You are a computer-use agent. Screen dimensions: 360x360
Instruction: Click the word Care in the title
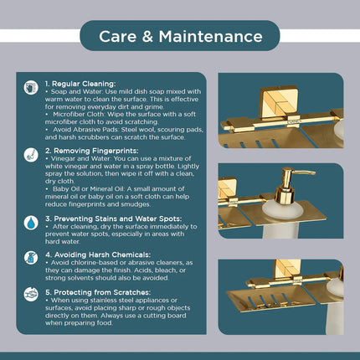point(117,37)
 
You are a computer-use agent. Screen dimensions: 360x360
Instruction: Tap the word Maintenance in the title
point(211,37)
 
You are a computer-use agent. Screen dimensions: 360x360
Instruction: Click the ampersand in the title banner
point(147,37)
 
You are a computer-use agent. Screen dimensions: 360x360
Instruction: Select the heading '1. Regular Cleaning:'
point(80,84)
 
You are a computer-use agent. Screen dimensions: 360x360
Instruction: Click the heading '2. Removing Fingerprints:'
point(91,151)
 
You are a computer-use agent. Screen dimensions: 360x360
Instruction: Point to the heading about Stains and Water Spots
point(113,219)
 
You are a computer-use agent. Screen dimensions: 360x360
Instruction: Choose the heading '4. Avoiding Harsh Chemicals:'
point(98,255)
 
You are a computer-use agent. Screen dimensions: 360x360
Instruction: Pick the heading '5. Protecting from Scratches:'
point(98,292)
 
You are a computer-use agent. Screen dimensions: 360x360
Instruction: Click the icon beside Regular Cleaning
point(31,88)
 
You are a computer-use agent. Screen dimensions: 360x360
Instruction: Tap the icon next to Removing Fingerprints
point(31,155)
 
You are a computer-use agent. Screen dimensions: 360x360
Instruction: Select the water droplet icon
point(31,223)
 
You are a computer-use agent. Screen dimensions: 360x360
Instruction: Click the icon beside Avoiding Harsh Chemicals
point(31,258)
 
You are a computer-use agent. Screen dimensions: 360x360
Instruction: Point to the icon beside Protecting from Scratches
point(31,295)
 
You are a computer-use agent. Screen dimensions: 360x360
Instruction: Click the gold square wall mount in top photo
point(279,102)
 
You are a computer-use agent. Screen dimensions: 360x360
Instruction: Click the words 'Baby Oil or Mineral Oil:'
point(89,189)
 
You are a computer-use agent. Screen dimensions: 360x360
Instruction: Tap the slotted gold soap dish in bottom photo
point(270,299)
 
